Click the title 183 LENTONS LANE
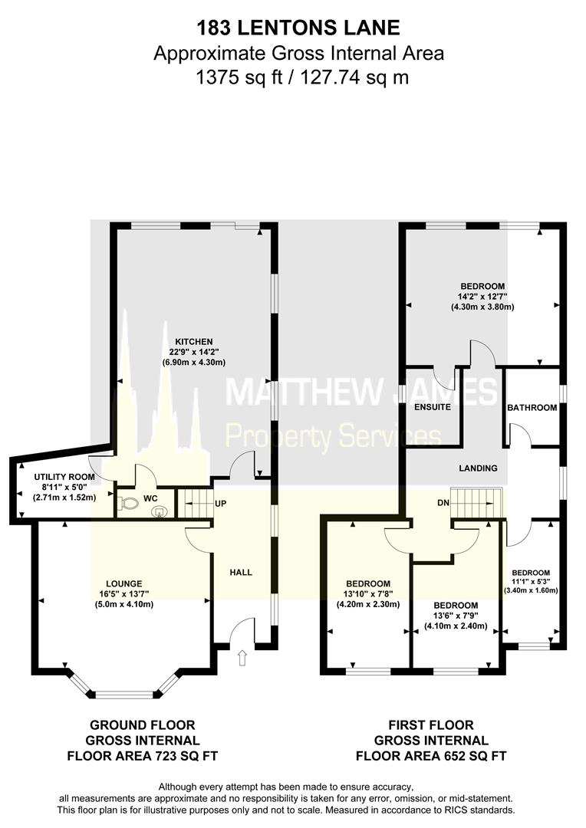click(x=299, y=28)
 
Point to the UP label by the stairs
click(x=221, y=504)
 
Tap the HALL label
click(x=242, y=572)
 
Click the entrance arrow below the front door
click(x=243, y=657)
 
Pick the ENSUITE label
click(x=432, y=407)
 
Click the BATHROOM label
click(x=532, y=407)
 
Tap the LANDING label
click(x=478, y=468)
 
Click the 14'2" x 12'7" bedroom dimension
click(x=482, y=297)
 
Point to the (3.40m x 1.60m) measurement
click(x=531, y=590)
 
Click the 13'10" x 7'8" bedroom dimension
click(x=367, y=593)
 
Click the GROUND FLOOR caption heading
click(x=143, y=724)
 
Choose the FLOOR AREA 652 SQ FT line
click(x=431, y=755)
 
